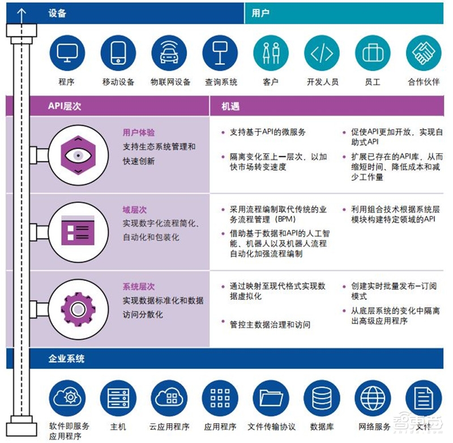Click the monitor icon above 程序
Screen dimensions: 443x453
pyautogui.click(x=67, y=53)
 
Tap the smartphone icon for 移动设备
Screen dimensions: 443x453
pyautogui.click(x=118, y=53)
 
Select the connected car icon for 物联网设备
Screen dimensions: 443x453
pyautogui.click(x=169, y=53)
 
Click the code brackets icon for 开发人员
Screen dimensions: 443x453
pyautogui.click(x=322, y=53)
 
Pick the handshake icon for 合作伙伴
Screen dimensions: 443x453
pyautogui.click(x=424, y=53)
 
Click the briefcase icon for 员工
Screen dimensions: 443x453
pyautogui.click(x=373, y=53)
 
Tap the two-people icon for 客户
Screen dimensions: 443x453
pyautogui.click(x=271, y=53)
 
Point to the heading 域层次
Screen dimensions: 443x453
pyautogui.click(x=135, y=210)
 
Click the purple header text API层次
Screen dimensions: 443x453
pyautogui.click(x=67, y=105)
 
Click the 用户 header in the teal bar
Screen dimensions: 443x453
pyautogui.click(x=260, y=13)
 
